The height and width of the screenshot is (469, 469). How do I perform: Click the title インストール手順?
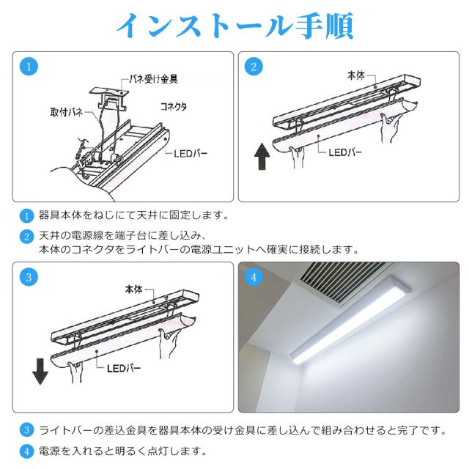click(x=234, y=26)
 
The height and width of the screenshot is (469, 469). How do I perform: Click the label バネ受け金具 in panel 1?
click(x=153, y=79)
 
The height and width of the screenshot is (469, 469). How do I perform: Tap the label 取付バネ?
click(x=66, y=112)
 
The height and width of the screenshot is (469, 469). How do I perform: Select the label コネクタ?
click(x=174, y=106)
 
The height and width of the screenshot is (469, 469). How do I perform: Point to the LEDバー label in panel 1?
click(x=191, y=154)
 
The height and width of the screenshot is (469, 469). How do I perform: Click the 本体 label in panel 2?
click(x=356, y=75)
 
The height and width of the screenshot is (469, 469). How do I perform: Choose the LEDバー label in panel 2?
click(x=345, y=152)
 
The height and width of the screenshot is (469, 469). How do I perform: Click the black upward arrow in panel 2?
click(x=262, y=156)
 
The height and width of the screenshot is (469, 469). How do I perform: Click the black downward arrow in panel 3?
click(x=40, y=372)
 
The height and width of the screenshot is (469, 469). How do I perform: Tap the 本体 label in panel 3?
click(x=133, y=289)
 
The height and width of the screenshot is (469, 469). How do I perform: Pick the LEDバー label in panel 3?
click(x=124, y=368)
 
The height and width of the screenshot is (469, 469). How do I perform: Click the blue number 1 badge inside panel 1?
click(x=29, y=67)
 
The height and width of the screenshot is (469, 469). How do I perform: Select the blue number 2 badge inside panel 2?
click(x=254, y=67)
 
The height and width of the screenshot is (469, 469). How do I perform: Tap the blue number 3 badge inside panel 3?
click(x=29, y=277)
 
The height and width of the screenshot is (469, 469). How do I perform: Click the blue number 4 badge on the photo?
click(x=254, y=277)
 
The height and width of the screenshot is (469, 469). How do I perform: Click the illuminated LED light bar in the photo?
click(x=350, y=320)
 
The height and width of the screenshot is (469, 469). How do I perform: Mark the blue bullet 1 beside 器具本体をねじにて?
click(x=26, y=215)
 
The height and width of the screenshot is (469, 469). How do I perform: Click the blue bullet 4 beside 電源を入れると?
click(x=26, y=451)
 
